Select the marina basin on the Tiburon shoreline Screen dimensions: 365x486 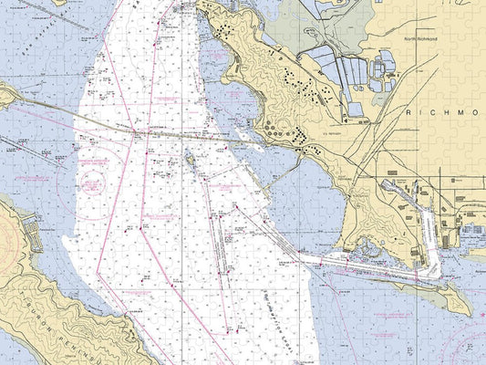click(x=33, y=233)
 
